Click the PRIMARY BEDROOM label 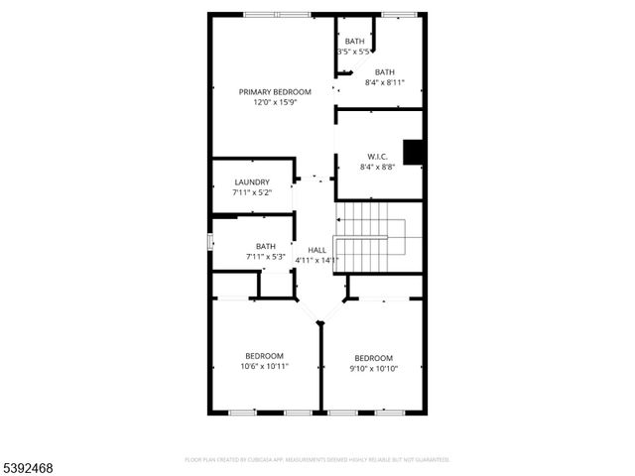268,91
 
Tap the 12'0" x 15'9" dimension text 268,102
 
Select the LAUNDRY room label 252,182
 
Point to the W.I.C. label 377,157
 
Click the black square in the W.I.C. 414,152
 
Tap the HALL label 317,250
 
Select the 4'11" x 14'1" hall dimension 317,260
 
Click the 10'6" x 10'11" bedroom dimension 265,366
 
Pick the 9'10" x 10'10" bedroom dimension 374,369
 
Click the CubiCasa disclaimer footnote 317,460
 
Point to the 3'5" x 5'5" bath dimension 354,51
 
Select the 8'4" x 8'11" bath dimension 385,82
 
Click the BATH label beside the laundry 266,246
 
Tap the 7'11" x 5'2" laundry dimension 252,192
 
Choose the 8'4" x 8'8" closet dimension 377,167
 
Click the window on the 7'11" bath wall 209,241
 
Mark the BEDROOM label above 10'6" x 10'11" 265,356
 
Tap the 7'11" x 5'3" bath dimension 266,257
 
